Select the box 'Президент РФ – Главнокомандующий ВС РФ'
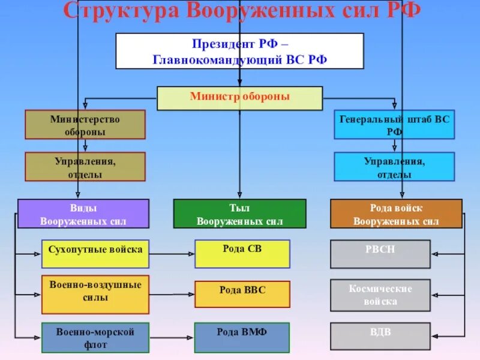(239, 51)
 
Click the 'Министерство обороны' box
(85, 125)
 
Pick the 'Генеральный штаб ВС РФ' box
(394, 125)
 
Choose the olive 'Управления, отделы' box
(85, 167)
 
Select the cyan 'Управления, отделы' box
(394, 167)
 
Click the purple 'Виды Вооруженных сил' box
(83, 214)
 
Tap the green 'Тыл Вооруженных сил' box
(239, 214)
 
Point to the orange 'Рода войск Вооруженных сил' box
(396, 214)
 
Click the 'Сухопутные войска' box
(95, 254)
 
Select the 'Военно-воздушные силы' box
(95, 295)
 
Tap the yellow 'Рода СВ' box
(242, 254)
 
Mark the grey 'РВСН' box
(380, 254)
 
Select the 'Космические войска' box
(380, 295)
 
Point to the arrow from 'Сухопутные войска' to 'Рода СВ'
(171, 254)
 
